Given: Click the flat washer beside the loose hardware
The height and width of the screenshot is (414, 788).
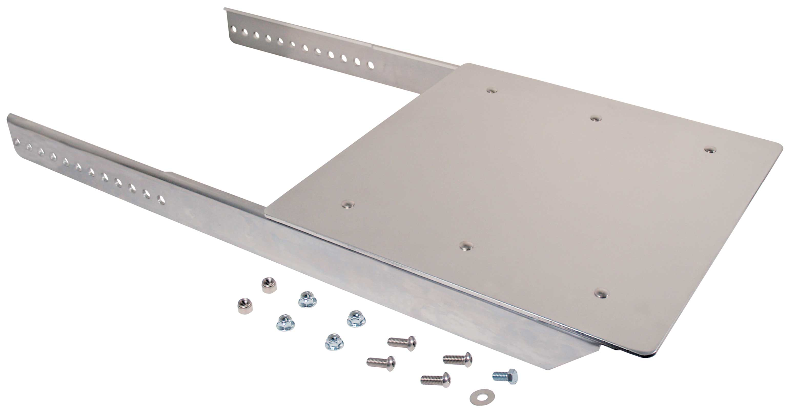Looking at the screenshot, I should (x=478, y=397).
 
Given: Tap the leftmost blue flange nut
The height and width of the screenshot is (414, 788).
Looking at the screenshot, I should (x=285, y=322).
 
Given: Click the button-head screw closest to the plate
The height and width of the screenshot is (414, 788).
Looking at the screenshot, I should (x=402, y=343).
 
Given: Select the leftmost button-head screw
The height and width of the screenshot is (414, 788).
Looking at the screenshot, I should (x=381, y=363).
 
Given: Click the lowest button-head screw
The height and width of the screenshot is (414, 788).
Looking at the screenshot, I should (x=436, y=380).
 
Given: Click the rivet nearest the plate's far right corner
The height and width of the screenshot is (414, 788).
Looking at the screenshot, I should (x=710, y=150).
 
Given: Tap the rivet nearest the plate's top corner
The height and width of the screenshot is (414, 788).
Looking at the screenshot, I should (x=492, y=90).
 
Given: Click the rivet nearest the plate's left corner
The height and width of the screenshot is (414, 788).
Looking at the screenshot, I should (x=348, y=204).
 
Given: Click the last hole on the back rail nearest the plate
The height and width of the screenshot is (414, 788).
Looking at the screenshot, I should (x=371, y=65).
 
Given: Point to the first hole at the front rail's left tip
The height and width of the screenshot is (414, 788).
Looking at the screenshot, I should (x=17, y=142).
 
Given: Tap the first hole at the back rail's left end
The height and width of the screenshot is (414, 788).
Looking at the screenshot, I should (x=234, y=29).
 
